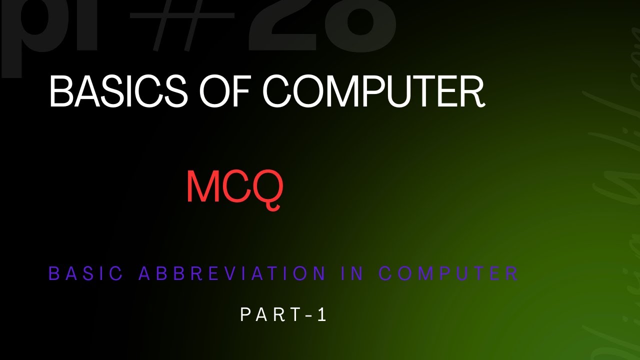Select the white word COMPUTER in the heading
(x=373, y=91)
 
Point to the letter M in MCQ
(x=202, y=186)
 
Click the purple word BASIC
(x=85, y=273)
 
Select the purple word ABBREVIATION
(x=232, y=273)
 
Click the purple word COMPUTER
(x=448, y=273)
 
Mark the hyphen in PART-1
(x=309, y=315)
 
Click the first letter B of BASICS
(x=59, y=91)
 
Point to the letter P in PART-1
(x=245, y=314)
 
